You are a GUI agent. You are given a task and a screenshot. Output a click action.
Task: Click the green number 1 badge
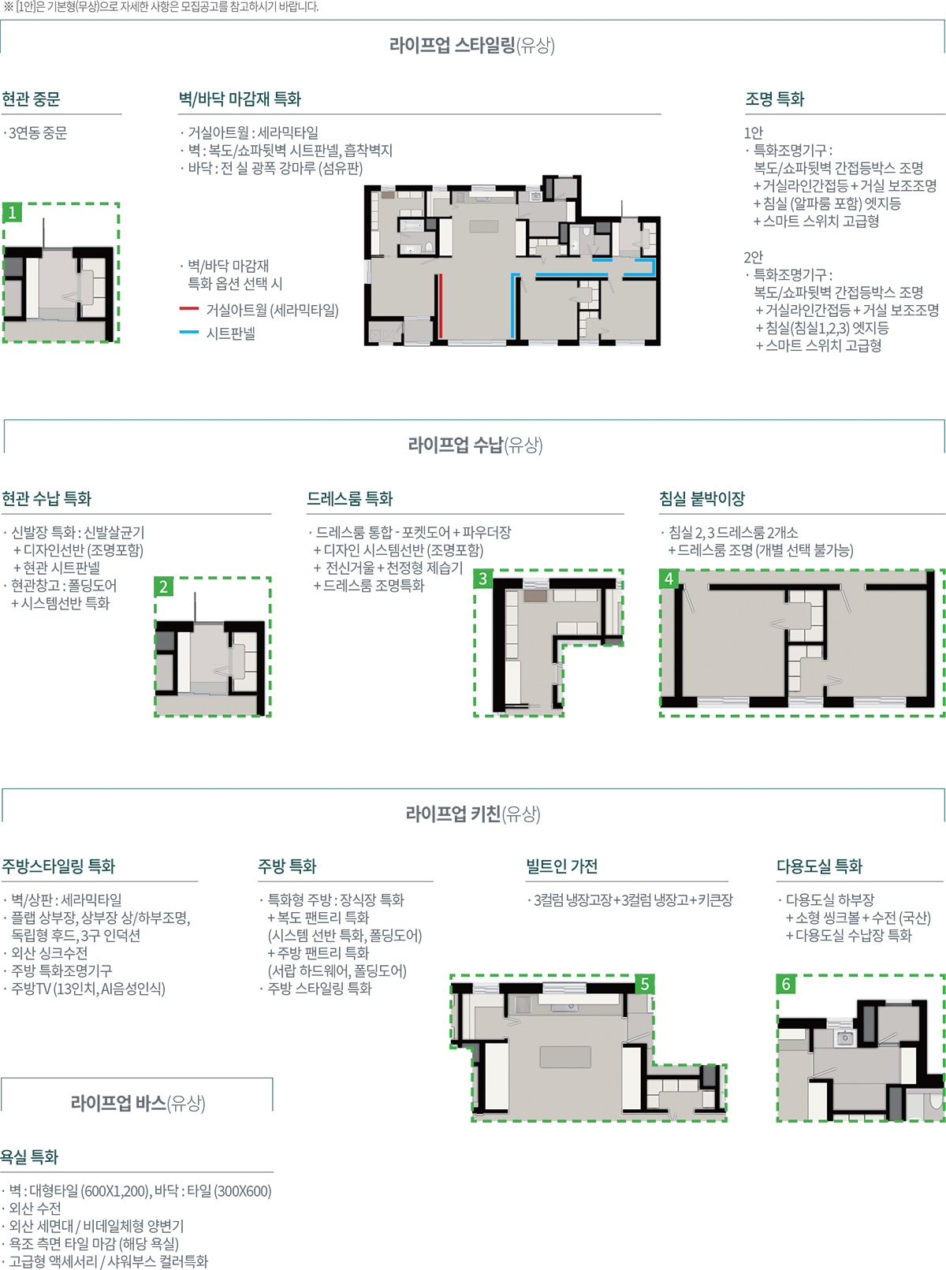tap(12, 212)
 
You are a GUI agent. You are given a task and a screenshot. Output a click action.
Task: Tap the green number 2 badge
tap(164, 587)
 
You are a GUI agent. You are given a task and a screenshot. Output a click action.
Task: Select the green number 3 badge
tap(482, 579)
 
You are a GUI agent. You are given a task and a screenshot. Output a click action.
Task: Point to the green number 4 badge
tap(669, 579)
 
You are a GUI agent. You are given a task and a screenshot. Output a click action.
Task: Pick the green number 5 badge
tap(645, 984)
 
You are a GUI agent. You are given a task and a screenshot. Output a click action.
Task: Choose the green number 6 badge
tap(786, 984)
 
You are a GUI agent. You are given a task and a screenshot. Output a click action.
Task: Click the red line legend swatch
tap(189, 308)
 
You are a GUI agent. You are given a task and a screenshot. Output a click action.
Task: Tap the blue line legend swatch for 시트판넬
tap(189, 332)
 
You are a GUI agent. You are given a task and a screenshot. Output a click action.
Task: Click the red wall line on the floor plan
tap(441, 306)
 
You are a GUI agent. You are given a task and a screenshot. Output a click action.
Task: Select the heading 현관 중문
tap(31, 99)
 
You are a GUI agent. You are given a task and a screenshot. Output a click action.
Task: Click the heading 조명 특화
tap(774, 99)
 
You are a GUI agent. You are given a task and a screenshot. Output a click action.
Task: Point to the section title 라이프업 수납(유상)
tap(475, 445)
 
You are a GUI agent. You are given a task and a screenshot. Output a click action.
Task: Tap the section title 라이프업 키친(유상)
tap(473, 814)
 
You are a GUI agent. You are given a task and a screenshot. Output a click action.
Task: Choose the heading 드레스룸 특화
tap(350, 499)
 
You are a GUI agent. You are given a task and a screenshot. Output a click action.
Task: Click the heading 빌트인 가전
tap(562, 866)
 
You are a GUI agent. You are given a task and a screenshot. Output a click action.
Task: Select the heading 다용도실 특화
tap(819, 866)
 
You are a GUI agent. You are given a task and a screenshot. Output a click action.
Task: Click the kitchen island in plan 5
tap(565, 1057)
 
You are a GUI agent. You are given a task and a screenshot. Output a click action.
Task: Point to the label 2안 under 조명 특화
tap(753, 257)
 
